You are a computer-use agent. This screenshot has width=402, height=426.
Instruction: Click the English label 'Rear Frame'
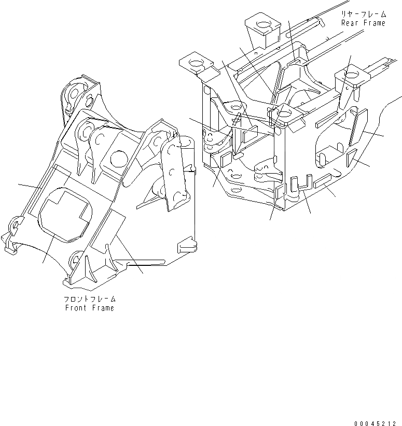[363, 23]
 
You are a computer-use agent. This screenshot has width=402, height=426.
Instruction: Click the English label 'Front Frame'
[89, 308]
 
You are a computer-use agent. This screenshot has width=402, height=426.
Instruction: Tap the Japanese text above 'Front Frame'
[89, 300]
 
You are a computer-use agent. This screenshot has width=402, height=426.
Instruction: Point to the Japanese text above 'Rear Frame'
[363, 15]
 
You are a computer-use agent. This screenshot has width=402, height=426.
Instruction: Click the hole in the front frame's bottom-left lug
[16, 224]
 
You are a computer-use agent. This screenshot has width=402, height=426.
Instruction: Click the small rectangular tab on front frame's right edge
[187, 242]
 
